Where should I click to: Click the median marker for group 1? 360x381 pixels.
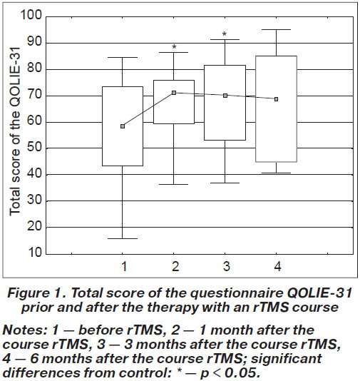pos(123,126)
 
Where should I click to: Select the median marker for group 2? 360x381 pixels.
pos(174,93)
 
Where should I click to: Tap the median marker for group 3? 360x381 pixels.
pos(225,96)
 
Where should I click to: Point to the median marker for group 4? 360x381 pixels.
pos(277,99)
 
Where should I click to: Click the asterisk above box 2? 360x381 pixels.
pos(174,47)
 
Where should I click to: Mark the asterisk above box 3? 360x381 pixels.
pos(225,34)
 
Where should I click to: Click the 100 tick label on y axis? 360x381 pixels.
pos(31,15)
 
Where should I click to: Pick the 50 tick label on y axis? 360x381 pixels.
pos(34,147)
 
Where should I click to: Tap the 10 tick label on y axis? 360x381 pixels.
pos(34,253)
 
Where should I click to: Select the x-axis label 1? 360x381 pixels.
pos(124,266)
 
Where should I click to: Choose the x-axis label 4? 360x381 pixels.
pos(277,266)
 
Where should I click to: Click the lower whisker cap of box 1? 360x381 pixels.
pos(123,238)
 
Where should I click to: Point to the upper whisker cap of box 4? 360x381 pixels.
pos(277,30)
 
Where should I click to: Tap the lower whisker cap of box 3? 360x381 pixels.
pos(225,183)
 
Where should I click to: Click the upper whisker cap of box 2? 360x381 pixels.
pos(174,52)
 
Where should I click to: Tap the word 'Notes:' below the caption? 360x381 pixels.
pos(25,330)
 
